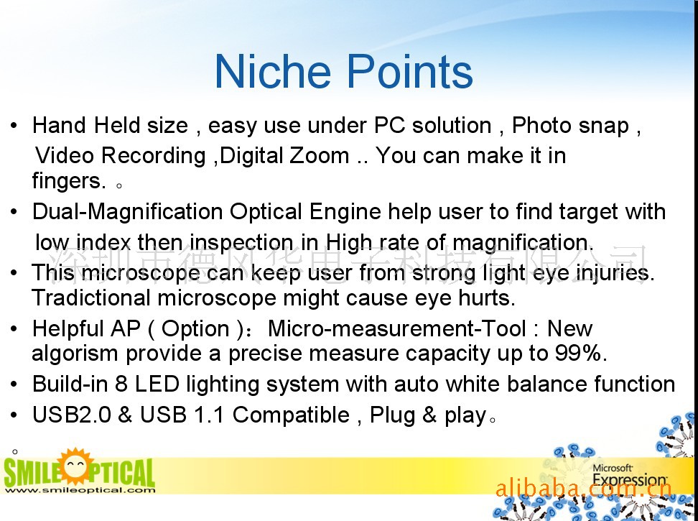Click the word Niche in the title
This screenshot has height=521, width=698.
(x=272, y=72)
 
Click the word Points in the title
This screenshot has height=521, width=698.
(x=409, y=72)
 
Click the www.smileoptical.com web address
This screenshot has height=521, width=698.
(x=80, y=490)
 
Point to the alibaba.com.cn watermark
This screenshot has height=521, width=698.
(x=583, y=489)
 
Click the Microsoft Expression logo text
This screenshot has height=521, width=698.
(x=630, y=475)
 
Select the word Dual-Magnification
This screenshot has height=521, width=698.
(x=127, y=211)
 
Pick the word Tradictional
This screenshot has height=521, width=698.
(x=91, y=298)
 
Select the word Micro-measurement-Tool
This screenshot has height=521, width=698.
(x=396, y=328)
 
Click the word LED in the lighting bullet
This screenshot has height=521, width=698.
(x=157, y=384)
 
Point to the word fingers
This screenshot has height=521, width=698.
(x=69, y=181)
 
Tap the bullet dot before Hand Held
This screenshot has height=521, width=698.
(x=14, y=125)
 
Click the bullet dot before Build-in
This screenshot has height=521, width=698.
(x=14, y=384)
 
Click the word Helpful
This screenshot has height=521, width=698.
(x=68, y=328)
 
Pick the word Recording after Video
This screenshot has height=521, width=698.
(x=154, y=156)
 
